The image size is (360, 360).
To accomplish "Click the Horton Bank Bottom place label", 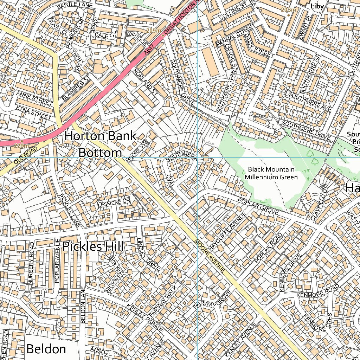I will pyautogui.click(x=100, y=144).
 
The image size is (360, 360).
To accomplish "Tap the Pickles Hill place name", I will pyautogui.click(x=93, y=246).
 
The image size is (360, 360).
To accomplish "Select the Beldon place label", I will pyautogui.click(x=46, y=349).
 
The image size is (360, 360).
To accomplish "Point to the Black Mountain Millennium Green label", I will pyautogui.click(x=271, y=173).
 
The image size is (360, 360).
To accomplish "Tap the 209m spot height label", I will pyautogui.click(x=153, y=31).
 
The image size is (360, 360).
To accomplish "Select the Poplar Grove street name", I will pyautogui.click(x=258, y=206).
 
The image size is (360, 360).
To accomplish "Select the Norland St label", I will pyautogui.click(x=145, y=81).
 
